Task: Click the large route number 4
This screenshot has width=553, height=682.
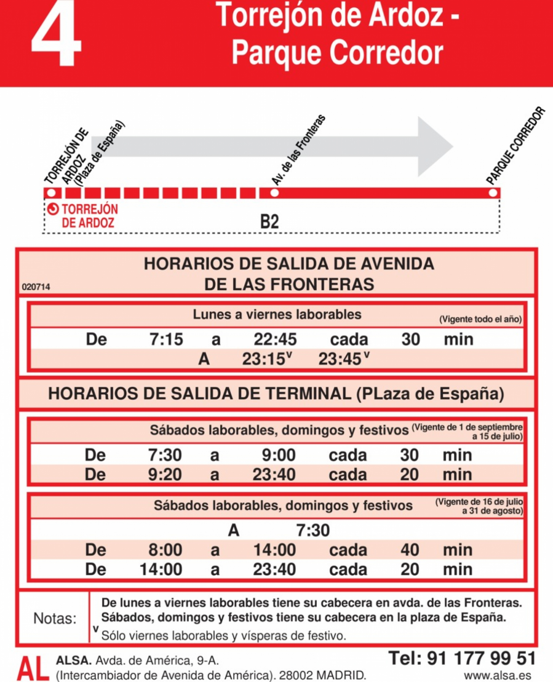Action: (x=56, y=36)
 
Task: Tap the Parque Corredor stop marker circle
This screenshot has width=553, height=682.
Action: (x=493, y=192)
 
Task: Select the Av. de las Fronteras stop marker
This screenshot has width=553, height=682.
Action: (x=274, y=192)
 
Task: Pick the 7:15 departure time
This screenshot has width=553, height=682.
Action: (x=166, y=339)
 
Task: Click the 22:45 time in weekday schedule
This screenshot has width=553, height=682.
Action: (x=275, y=339)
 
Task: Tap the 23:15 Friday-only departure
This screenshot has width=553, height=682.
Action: (x=263, y=360)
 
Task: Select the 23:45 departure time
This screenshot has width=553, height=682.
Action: (x=340, y=360)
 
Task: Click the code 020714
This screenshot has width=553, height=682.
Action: (x=35, y=287)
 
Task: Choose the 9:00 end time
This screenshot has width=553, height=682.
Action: (x=278, y=456)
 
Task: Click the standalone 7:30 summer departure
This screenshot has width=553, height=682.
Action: (x=312, y=530)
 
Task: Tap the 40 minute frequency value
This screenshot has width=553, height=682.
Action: (x=410, y=550)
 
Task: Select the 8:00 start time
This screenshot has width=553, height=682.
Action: (x=165, y=550)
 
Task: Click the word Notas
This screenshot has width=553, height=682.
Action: (x=55, y=618)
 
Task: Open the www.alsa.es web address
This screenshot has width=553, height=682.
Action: (x=498, y=675)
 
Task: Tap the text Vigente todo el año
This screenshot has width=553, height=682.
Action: (x=480, y=320)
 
